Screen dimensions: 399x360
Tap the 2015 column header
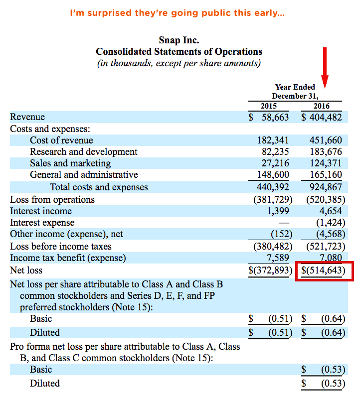coord(269,106)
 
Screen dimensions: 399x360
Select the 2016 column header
coord(322,106)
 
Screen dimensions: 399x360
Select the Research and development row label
coord(84,152)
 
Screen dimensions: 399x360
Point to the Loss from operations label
coord(52,200)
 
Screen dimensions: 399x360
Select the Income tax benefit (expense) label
coord(68,258)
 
